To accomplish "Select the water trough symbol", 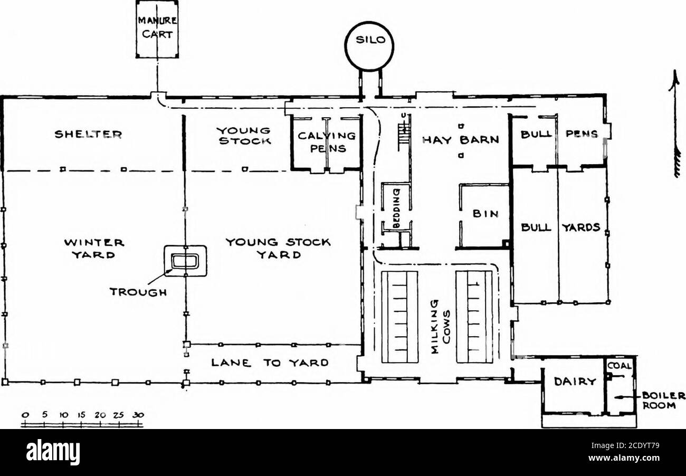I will click(185, 261).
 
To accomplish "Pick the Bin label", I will click(484, 214).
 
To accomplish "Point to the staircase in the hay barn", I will click(404, 135).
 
